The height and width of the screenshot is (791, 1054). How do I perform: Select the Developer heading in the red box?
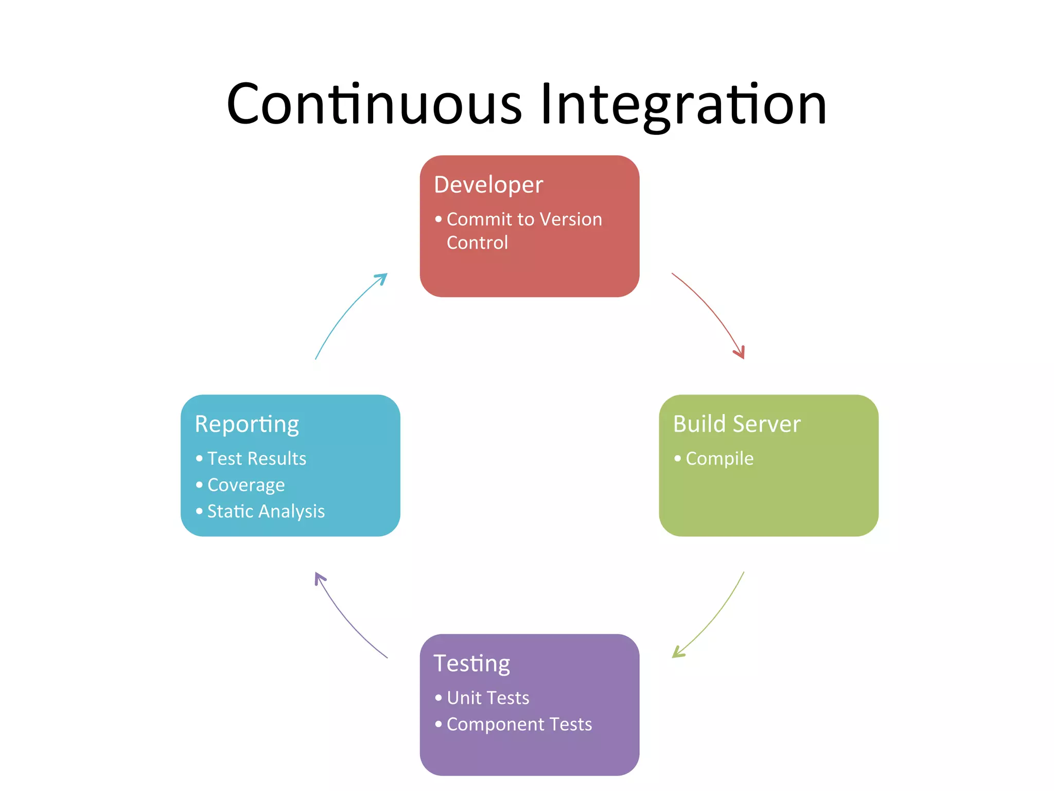tap(488, 185)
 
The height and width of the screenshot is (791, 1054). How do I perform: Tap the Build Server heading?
tap(736, 424)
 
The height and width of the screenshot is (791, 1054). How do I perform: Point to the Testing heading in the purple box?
tap(471, 664)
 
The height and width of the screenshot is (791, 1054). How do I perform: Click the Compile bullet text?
tap(719, 458)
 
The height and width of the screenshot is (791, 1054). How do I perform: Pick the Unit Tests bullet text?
tap(487, 698)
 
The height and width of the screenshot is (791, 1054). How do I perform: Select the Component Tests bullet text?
tap(519, 725)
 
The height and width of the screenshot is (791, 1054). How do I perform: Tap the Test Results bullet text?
tap(256, 458)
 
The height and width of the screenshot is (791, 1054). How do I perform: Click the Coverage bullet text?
tap(245, 485)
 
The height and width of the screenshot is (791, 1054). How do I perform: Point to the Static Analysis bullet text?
tap(266, 511)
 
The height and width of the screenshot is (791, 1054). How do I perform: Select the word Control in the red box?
tap(477, 243)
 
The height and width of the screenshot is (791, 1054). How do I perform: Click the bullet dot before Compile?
tap(677, 458)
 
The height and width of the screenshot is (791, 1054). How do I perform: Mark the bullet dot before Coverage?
tap(199, 485)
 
